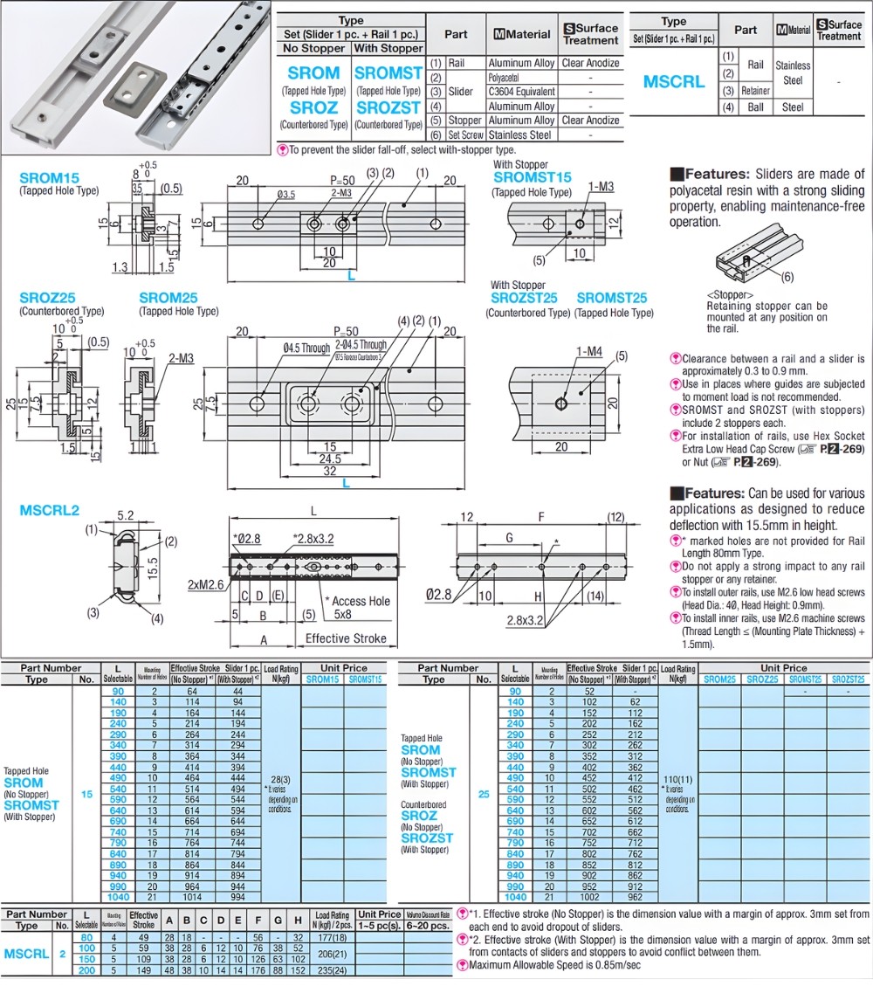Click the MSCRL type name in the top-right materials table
673,82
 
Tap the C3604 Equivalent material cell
521,92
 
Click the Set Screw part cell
464,135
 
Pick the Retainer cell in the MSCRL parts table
755,91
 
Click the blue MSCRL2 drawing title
49,510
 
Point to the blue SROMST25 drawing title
612,298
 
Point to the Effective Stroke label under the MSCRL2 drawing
346,638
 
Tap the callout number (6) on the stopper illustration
787,278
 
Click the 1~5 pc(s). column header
378,926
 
